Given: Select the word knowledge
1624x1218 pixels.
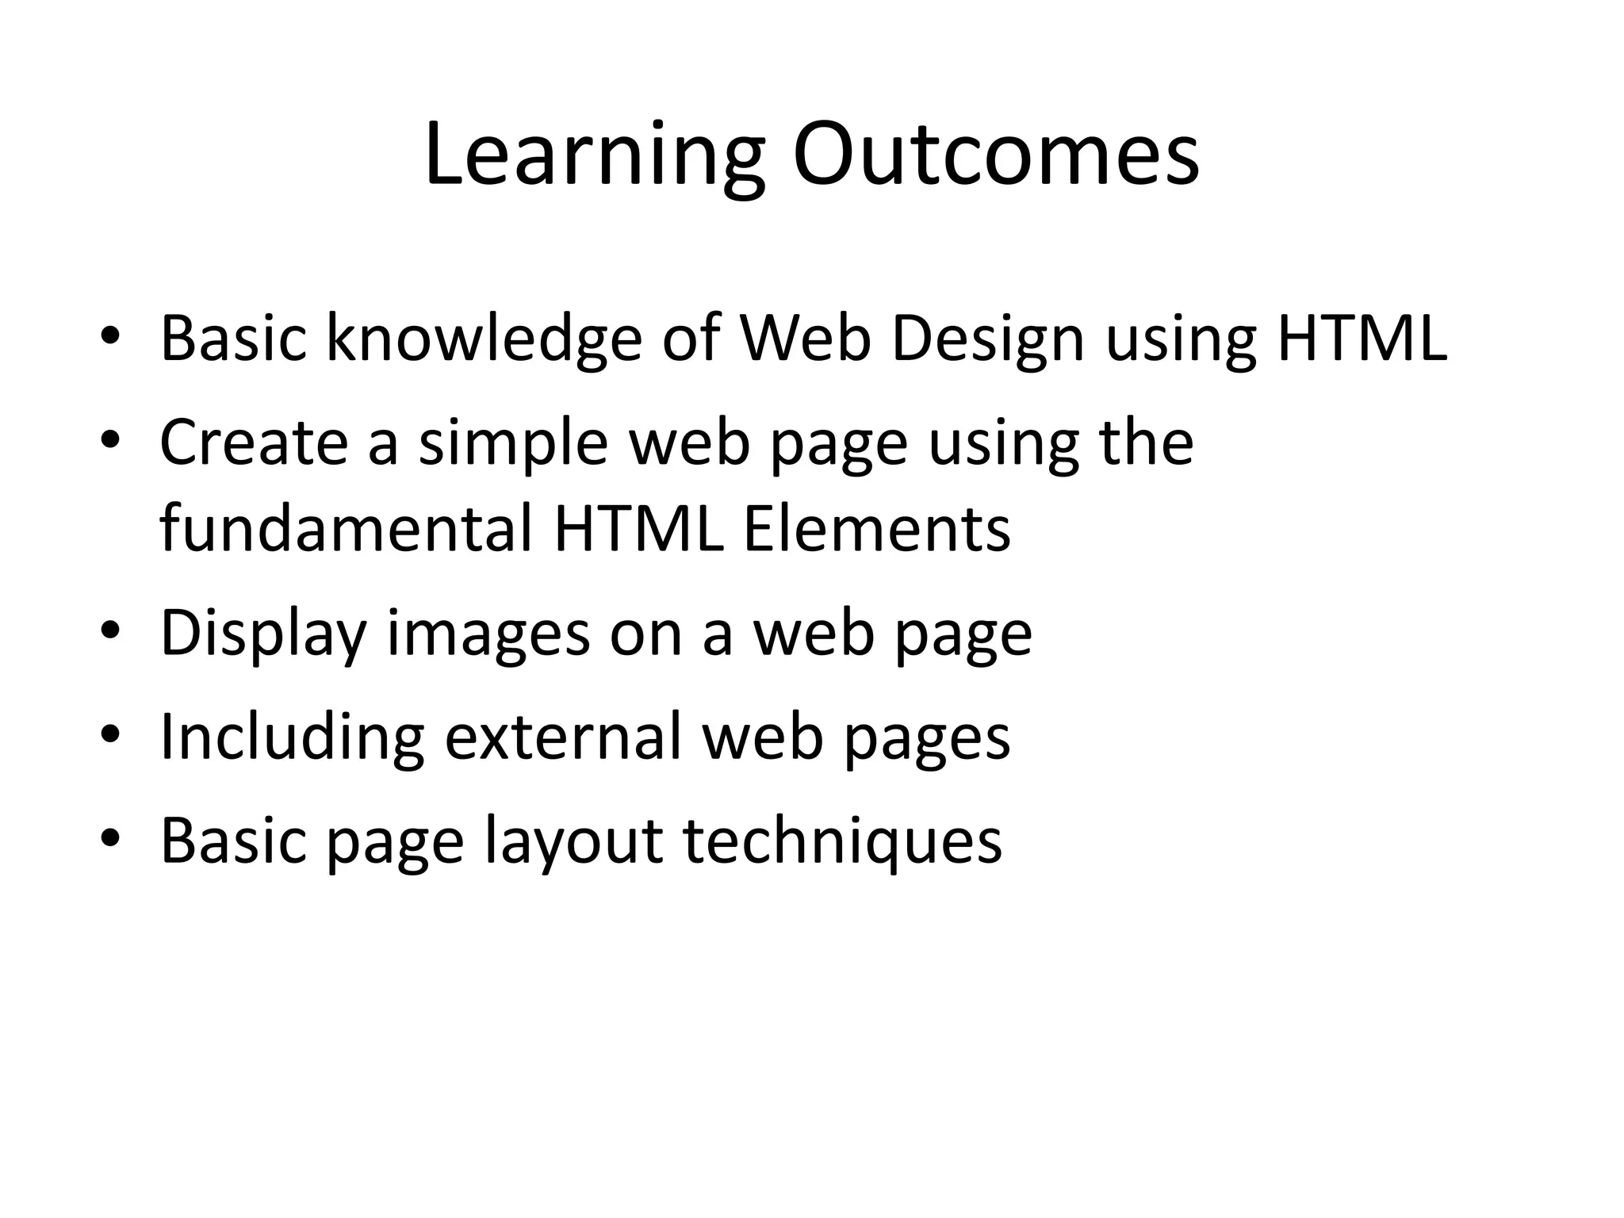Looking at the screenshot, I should tap(484, 339).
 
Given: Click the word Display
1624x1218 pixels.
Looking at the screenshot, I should tap(263, 634).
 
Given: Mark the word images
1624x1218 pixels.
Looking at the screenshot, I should tap(488, 634).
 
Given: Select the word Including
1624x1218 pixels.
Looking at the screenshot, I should tap(292, 737).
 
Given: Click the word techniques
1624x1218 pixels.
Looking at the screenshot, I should tap(842, 842).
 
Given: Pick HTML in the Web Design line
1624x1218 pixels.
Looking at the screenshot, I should tap(1362, 339).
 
